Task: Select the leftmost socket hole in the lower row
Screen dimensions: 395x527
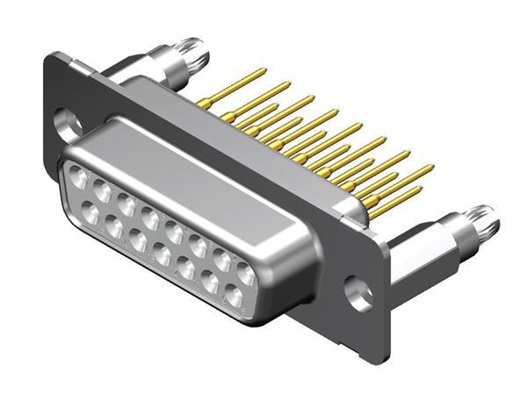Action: pos(89,212)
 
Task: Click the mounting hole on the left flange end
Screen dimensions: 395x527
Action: pos(67,122)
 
